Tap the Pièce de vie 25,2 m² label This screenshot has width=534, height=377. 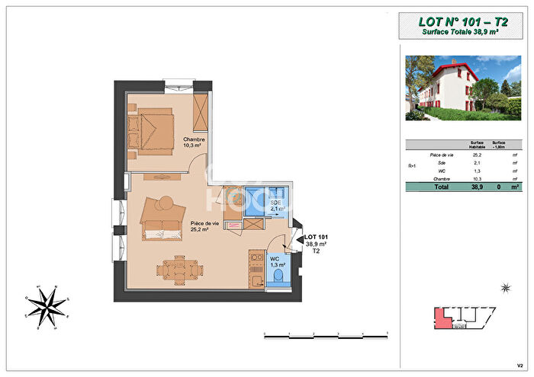pos(204,225)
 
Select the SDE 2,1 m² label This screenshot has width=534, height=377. pos(275,205)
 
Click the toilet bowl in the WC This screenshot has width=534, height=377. pos(278,276)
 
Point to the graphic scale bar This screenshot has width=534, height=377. pos(326,334)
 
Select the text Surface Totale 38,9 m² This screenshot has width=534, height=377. pos(461,32)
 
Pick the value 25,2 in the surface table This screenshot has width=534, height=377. pos(477,154)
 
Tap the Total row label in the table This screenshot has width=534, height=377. pos(441,186)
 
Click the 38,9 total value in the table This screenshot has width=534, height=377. pos(477,186)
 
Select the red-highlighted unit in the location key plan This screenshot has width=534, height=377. pos(440,318)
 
